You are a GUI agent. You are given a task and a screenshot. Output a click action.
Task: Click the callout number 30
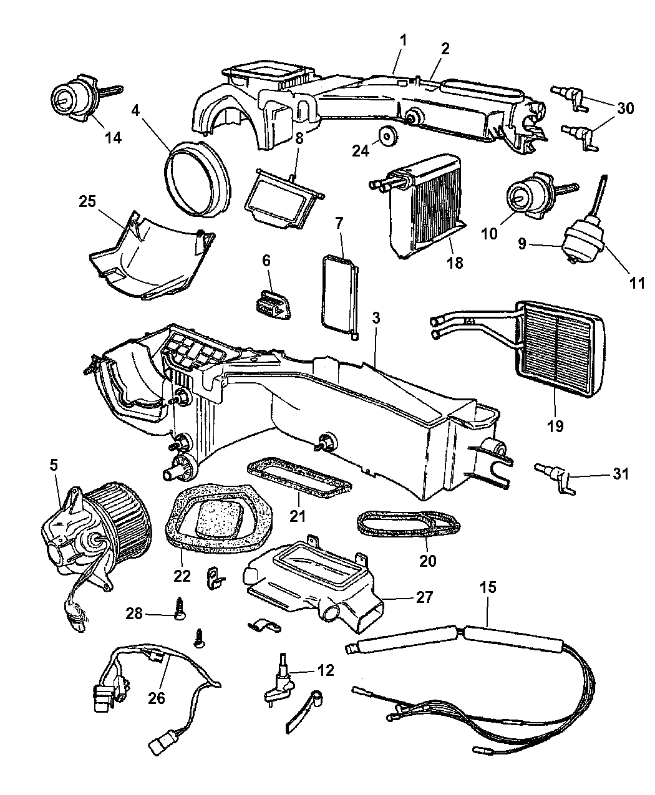coord(625,108)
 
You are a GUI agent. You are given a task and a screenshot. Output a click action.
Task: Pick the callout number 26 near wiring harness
coord(157,698)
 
